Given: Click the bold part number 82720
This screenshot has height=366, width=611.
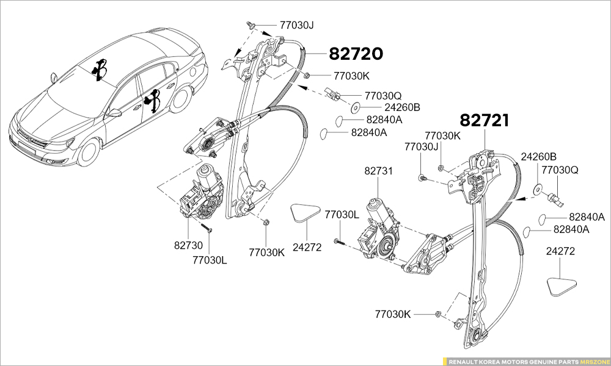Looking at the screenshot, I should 356,54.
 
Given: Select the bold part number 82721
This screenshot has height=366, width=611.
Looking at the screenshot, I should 484,121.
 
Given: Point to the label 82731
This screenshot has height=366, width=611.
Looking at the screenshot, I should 379,171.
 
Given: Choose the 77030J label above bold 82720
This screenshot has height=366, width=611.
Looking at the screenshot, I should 296,25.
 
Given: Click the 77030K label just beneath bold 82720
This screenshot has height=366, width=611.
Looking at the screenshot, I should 351,76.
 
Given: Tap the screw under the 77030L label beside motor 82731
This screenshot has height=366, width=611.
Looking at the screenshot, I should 340,242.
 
